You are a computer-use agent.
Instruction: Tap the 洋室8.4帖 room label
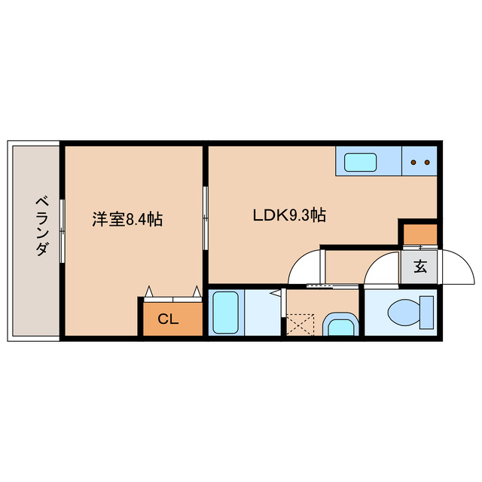[127, 219]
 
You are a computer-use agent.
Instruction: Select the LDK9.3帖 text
[288, 215]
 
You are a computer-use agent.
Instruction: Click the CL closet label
[168, 319]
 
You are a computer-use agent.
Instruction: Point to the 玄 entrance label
[419, 266]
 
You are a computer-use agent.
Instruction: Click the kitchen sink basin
[361, 161]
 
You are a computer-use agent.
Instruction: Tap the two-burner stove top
[419, 161]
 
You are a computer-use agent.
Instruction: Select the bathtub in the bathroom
[225, 313]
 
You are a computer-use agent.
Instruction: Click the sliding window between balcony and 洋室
[62, 230]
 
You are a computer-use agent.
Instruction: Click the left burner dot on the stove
[413, 161]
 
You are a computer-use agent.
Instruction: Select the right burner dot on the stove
[426, 161]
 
